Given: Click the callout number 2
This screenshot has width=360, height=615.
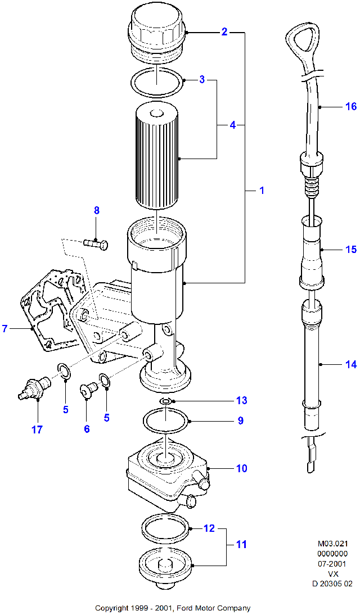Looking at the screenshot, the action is pos(224,32).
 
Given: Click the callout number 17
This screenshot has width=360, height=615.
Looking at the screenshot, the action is pos(37,429).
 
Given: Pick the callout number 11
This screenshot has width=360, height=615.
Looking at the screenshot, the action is pos(242,544).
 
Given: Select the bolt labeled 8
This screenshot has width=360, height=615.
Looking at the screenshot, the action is pos(96,244).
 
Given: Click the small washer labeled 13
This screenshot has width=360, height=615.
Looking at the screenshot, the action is pos(165,401).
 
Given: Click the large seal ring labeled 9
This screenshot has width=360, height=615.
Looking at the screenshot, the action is pos(166,420).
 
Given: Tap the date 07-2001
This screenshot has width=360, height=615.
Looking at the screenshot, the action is pos(332,564).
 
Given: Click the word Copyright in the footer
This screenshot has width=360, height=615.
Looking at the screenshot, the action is pos(111,608).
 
